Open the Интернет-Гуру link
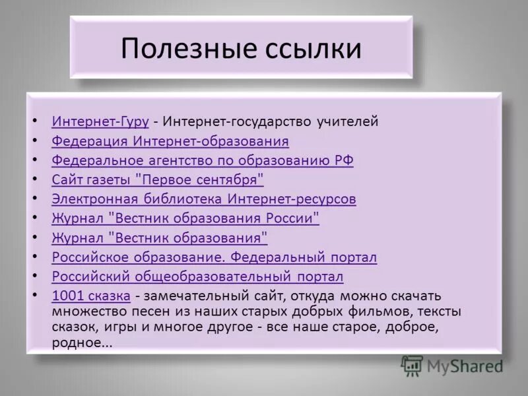100,121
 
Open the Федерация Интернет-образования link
170,141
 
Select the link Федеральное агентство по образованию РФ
202,160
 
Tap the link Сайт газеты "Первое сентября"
157,180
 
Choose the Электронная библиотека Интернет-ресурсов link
203,199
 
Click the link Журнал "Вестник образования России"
185,218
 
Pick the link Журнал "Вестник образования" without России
159,238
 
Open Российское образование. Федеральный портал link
214,257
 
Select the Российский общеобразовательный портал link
197,276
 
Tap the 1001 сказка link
90,296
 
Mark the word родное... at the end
82,343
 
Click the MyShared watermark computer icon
412,365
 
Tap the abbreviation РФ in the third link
345,160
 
